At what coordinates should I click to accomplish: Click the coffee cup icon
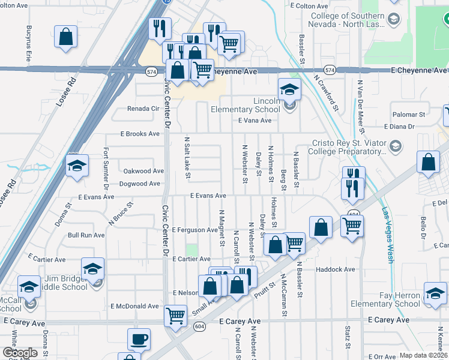click(139, 340)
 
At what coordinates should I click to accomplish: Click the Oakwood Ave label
click(143, 171)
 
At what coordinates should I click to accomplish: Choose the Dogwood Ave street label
click(141, 184)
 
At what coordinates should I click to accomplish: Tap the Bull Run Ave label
click(86, 235)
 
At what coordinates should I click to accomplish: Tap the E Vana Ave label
click(255, 121)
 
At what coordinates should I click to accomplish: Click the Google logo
click(19, 353)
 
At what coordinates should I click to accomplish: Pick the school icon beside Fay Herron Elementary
click(435, 293)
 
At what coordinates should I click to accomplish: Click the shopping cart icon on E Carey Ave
click(175, 315)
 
